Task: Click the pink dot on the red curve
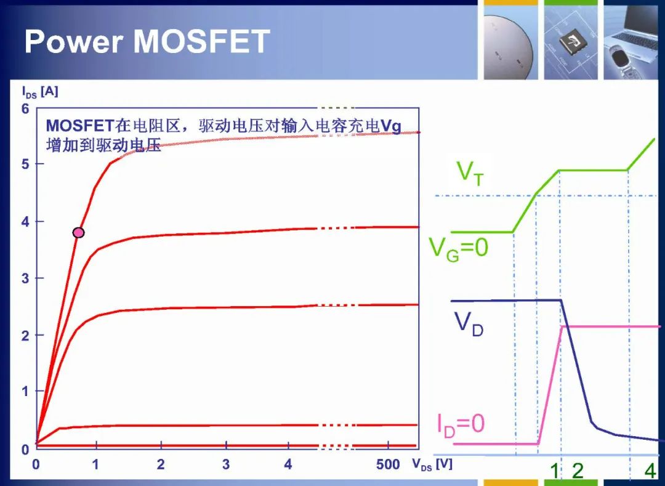pos(78,232)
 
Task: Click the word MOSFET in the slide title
pos(201,41)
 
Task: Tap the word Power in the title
pos(74,41)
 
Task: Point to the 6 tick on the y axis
pos(25,109)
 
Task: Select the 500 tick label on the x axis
pos(388,464)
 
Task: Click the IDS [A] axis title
pos(40,92)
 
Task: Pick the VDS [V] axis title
pos(432,464)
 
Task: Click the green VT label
pos(469,174)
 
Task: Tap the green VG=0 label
pos(459,249)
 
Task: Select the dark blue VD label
pos(469,324)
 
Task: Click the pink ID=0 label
pos(461,424)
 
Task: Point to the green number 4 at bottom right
pos(650,471)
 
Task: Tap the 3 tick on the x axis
pos(225,464)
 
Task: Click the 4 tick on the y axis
pos(25,222)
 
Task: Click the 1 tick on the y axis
pos(25,391)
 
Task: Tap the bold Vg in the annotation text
pos(391,126)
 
